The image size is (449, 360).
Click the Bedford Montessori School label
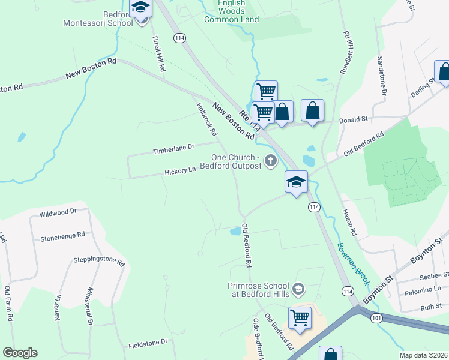pyautogui.click(x=98, y=19)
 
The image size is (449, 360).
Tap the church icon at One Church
pyautogui.click(x=271, y=160)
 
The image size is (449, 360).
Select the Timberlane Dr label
pyautogui.click(x=174, y=146)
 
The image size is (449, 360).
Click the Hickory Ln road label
pyautogui.click(x=181, y=170)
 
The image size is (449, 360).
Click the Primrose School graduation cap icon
pyautogui.click(x=297, y=290)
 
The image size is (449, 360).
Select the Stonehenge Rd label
pyautogui.click(x=63, y=236)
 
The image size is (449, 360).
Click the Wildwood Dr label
pyautogui.click(x=58, y=212)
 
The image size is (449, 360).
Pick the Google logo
pyautogui.click(x=20, y=353)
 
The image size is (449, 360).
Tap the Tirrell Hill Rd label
pyautogui.click(x=158, y=53)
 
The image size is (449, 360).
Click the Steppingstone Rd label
pyautogui.click(x=98, y=262)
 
